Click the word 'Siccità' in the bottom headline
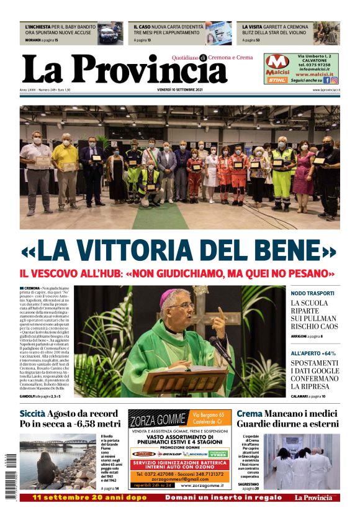click(32, 413)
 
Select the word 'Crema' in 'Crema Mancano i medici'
click(249, 413)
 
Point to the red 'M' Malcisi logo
click(277, 61)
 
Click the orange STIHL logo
click(277, 80)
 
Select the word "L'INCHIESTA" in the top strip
click(38, 28)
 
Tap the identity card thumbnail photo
click(218, 34)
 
